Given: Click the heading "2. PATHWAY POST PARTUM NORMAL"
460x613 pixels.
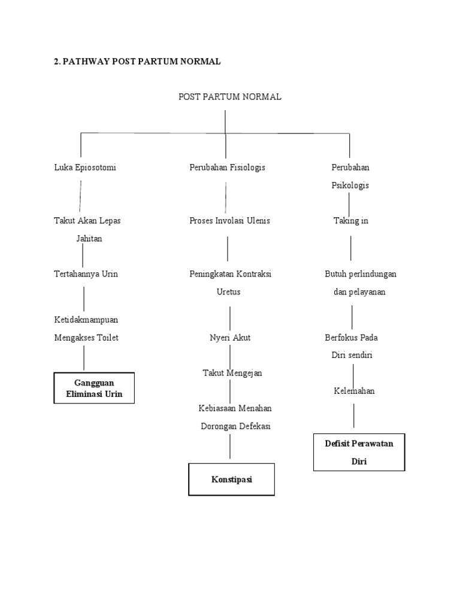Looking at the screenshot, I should point(137,61).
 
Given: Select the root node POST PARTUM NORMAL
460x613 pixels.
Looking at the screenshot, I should point(230,96).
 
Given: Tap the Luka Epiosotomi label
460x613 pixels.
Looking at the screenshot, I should point(85,168).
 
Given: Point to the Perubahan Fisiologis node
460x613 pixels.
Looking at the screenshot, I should point(227,168).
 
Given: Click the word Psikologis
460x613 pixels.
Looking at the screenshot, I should point(350,186).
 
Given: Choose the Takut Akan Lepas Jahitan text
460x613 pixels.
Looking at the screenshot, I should point(87,229).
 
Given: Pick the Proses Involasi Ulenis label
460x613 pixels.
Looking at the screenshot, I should point(229,221).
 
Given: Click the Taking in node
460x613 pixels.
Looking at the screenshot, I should point(350,221).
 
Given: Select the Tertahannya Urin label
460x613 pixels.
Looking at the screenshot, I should point(86,274).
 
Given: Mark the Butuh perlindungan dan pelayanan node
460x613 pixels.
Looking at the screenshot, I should point(360,283).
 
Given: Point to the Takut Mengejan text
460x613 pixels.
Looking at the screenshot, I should point(232,373).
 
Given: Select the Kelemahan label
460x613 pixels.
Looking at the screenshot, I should point(354,391).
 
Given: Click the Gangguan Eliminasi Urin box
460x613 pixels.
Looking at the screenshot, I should point(94,388).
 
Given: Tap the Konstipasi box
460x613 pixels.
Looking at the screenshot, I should point(232,479).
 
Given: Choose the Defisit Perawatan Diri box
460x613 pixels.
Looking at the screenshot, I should point(359,452).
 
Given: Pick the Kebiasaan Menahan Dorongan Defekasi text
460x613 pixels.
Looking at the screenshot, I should point(235,417).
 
